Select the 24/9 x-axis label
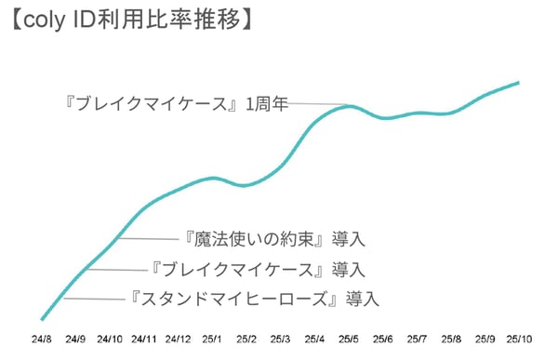[x=74, y=338]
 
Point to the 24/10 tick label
[x=109, y=338]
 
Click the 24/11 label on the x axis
[x=143, y=338]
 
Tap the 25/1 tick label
[x=212, y=338]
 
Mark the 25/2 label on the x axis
[x=246, y=338]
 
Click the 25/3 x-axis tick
[x=280, y=338]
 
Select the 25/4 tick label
[x=314, y=338]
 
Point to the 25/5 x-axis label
[x=349, y=338]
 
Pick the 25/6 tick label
[x=383, y=338]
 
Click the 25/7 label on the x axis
[x=417, y=338]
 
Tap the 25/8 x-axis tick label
[x=451, y=338]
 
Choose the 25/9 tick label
[x=485, y=338]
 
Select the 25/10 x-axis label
[x=519, y=338]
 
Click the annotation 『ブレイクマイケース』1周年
[x=181, y=103]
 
